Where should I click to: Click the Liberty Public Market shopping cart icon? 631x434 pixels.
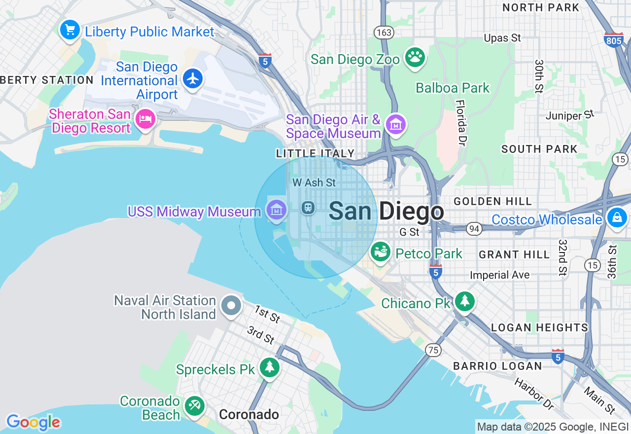[x=70, y=30]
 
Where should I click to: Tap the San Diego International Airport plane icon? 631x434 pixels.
[x=193, y=78]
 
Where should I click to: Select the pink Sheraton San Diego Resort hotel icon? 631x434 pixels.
[x=145, y=119]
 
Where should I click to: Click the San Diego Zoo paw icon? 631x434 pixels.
[x=415, y=57]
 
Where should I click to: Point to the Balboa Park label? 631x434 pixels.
[x=453, y=88]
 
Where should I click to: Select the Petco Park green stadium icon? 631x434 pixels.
[x=381, y=252]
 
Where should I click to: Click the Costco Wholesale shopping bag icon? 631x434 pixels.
[x=616, y=217]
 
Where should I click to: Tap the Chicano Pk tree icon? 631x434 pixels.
[x=464, y=301]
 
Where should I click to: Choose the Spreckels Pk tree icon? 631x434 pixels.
[x=269, y=367]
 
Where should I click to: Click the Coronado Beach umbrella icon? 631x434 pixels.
[x=194, y=406]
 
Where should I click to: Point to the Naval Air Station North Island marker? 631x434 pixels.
[x=231, y=306]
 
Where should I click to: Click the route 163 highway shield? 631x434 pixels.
[x=384, y=33]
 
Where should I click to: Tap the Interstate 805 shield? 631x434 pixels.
[x=613, y=40]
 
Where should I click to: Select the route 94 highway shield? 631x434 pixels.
[x=474, y=228]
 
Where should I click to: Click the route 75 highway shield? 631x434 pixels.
[x=433, y=350]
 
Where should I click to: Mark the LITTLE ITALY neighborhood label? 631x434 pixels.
[x=315, y=153]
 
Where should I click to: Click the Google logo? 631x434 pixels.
[x=33, y=423]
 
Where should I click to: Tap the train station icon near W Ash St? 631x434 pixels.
[x=309, y=208]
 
